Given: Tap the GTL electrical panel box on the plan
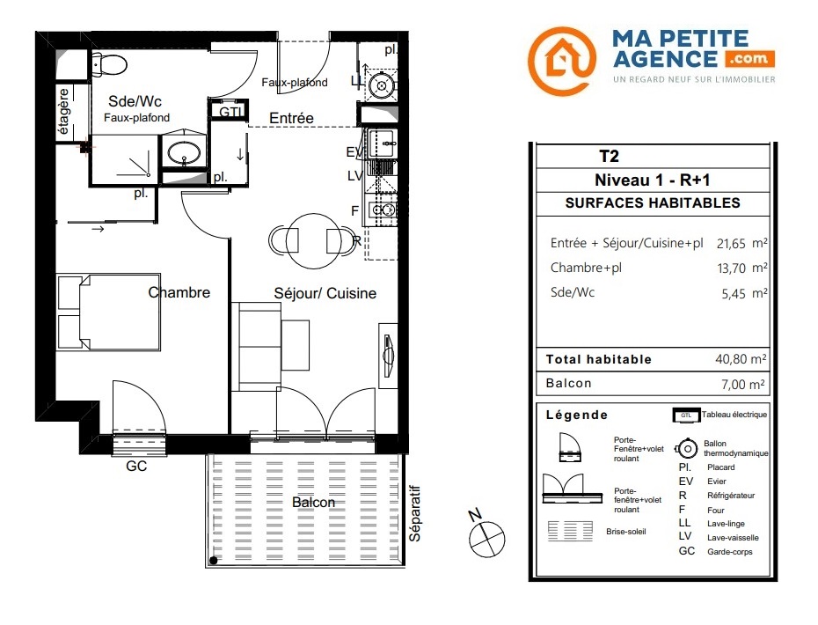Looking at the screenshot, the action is point(229,111).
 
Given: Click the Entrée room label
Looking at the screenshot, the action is point(291,119).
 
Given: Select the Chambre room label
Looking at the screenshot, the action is point(179,292).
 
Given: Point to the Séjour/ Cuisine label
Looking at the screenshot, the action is point(325,293).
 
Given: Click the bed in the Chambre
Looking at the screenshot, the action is point(108,312).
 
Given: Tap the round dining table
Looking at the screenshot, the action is point(313,240).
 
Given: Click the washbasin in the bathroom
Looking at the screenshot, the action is point(183,151).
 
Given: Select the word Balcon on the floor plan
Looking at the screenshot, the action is point(313,503).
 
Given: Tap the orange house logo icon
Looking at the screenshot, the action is point(562,61).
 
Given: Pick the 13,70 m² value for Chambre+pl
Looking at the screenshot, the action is point(741,268).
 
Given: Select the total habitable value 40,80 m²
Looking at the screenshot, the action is point(741,359).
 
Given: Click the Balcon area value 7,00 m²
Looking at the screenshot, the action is point(743,385).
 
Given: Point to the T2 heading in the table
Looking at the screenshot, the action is point(609,156).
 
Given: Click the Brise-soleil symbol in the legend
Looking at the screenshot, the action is point(570,531).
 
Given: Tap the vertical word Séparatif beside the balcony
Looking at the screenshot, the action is point(415,513).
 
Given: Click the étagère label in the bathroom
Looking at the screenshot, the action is point(63,111).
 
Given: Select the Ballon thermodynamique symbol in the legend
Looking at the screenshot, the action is point(687,449).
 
